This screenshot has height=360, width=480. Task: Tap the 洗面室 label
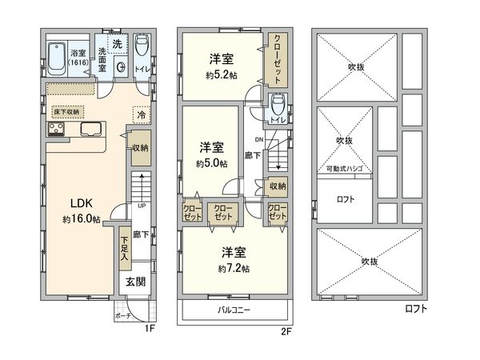click(x=102, y=61)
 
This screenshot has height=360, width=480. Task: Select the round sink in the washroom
click(x=121, y=67)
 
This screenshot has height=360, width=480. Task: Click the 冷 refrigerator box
click(x=141, y=116)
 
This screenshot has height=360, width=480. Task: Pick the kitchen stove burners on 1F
click(x=57, y=131)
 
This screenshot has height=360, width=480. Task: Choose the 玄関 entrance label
click(x=134, y=282)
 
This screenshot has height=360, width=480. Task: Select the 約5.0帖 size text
click(x=211, y=162)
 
